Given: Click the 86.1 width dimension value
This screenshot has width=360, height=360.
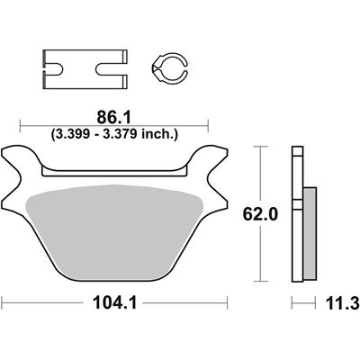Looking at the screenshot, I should tap(114, 117).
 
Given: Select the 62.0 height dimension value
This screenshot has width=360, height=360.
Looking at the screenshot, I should tap(257, 216).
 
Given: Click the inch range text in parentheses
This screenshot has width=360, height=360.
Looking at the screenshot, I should tap(115, 132).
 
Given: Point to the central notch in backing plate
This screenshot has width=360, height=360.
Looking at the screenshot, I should tap(114, 166).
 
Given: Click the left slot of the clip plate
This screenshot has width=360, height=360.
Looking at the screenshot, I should tap(56, 66).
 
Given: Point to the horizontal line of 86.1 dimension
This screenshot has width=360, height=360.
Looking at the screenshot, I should tap(54, 124).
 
